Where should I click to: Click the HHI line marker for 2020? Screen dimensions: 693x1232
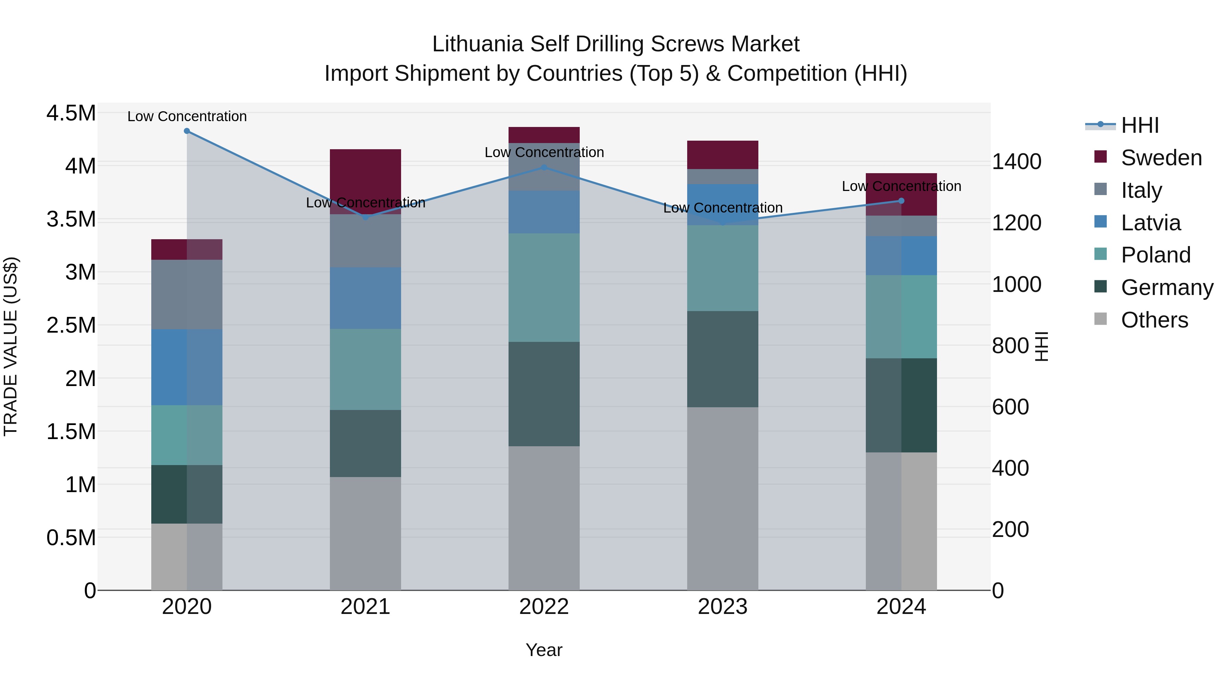187,131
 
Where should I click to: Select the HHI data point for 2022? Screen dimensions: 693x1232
544,167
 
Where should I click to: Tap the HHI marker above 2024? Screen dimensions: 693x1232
901,201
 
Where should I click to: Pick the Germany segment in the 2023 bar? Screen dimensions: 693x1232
723,359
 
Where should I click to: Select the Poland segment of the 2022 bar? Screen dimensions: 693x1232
544,287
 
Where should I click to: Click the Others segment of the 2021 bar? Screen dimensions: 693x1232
365,533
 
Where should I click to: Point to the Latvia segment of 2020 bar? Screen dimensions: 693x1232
187,367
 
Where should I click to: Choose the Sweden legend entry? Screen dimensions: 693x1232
1161,158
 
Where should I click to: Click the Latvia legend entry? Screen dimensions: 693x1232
1150,223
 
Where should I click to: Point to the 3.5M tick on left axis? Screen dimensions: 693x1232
71,219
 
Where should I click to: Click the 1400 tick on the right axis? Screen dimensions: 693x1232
1017,162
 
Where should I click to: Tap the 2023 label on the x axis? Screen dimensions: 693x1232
723,607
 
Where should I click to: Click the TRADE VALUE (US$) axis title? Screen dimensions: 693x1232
11,347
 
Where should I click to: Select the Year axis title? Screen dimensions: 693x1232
544,650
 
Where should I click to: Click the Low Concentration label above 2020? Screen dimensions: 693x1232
187,116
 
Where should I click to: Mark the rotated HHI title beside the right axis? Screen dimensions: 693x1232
1041,347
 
